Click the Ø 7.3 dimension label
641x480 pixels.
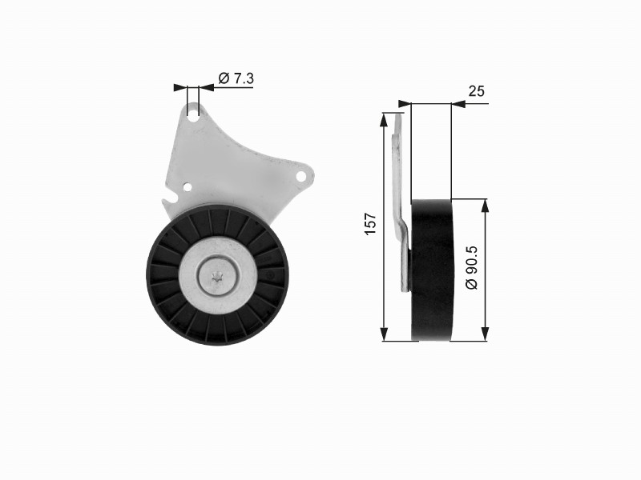pyautogui.click(x=236, y=78)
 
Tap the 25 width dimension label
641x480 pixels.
pyautogui.click(x=476, y=91)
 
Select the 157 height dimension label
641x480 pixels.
pyautogui.click(x=371, y=224)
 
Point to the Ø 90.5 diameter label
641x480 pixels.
pyautogui.click(x=471, y=267)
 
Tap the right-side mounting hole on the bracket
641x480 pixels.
pyautogui.click(x=301, y=177)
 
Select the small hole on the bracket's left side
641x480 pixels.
pyautogui.click(x=187, y=187)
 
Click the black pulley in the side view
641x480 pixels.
pyautogui.click(x=432, y=270)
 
